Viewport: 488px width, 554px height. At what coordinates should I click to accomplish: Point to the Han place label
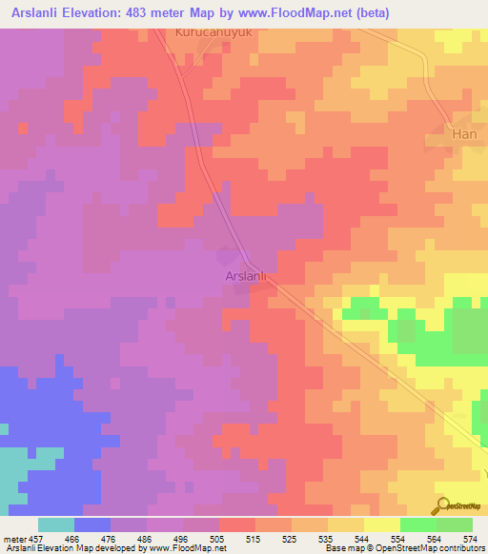[463, 136]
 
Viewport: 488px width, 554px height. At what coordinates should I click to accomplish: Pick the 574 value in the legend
[469, 538]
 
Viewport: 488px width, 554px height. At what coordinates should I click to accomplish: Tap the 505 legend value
[219, 538]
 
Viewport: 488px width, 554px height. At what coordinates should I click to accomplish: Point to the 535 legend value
[327, 538]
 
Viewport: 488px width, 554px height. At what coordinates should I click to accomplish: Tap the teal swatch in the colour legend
[56, 524]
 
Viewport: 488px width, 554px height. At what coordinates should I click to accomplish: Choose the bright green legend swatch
[417, 524]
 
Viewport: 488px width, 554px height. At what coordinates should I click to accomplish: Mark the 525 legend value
[291, 538]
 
